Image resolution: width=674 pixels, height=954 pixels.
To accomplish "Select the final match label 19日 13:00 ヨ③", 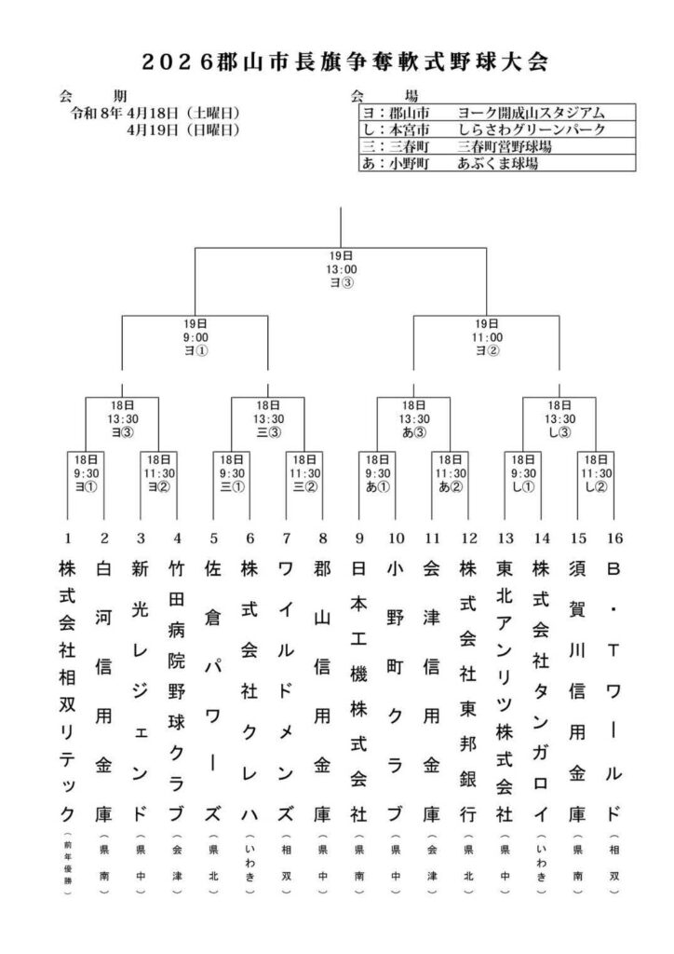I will click(x=341, y=268).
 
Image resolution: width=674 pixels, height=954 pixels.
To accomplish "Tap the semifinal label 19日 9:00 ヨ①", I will click(x=195, y=337).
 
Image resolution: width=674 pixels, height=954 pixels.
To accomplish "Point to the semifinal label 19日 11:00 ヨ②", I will click(x=487, y=337).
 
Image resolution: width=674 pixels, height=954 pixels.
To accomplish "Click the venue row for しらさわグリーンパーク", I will click(x=484, y=129).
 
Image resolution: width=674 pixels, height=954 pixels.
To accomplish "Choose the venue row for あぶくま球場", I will click(x=484, y=162).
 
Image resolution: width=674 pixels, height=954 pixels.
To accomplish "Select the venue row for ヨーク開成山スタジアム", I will click(x=484, y=112).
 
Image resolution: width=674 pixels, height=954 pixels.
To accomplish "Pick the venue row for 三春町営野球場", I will click(x=484, y=145).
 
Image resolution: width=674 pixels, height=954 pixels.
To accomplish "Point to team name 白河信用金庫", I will click(x=104, y=689).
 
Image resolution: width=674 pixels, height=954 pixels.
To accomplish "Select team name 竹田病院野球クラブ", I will click(x=177, y=689).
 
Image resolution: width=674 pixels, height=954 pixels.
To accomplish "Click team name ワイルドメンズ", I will click(x=286, y=689).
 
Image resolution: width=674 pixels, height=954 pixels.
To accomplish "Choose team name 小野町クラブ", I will click(x=395, y=689).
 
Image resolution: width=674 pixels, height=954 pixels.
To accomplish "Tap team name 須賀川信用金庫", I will click(x=576, y=689).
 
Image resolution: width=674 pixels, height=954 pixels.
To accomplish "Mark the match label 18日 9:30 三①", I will click(x=232, y=472).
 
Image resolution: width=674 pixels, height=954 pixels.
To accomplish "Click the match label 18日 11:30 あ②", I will click(x=450, y=472).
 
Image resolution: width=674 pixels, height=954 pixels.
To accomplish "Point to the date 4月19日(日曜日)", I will click(x=183, y=129).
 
